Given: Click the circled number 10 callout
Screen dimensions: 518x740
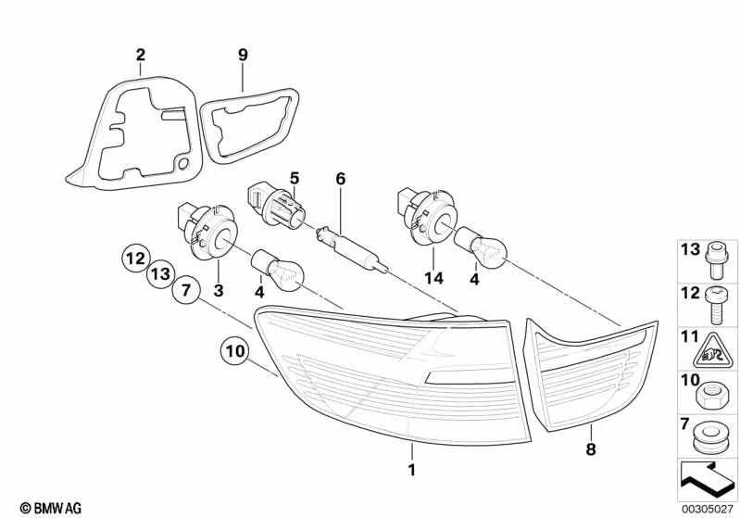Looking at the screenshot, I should pos(234,352).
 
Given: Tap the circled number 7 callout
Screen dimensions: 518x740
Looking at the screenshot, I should pos(186,291).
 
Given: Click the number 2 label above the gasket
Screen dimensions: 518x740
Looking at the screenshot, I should pos(140,56).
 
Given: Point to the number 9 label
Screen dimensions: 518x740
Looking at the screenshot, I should pos(243,56).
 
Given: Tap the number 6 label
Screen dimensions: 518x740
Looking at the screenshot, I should pos(340,178).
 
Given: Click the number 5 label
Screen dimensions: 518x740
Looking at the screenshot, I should pos(295,177).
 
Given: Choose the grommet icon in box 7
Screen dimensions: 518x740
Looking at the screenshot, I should pos(709,435).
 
